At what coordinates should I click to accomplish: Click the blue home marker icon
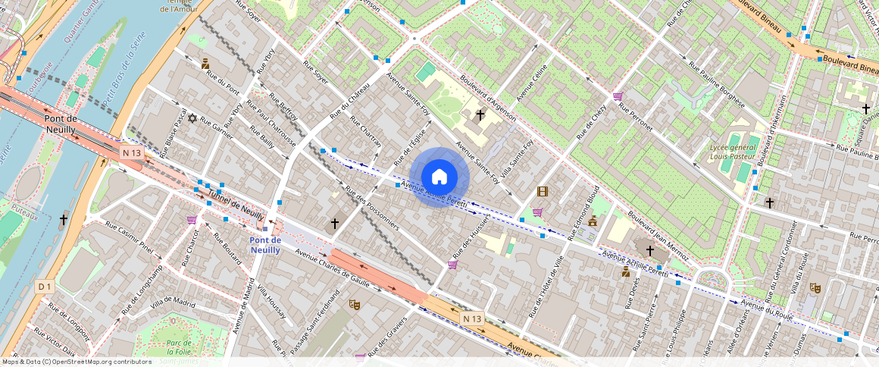439,177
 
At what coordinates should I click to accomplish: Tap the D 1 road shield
45,287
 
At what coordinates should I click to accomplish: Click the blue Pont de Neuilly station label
265,245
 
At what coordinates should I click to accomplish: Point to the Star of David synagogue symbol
192,118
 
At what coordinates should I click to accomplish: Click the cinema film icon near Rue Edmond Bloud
543,192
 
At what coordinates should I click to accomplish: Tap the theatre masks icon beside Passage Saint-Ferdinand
353,304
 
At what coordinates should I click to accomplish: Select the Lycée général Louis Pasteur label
733,152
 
